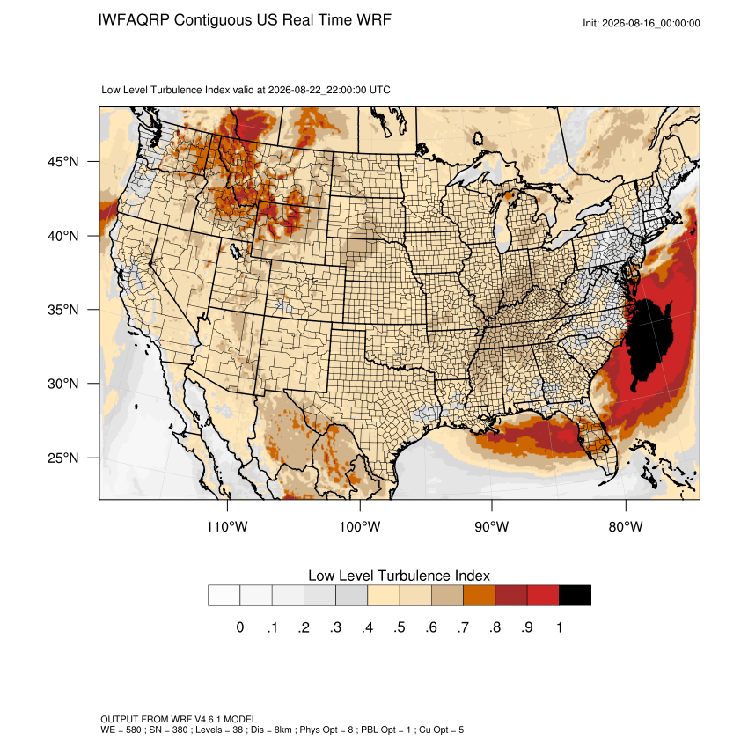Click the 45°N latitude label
63,162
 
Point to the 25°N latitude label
63,458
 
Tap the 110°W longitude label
227,526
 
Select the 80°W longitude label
626,526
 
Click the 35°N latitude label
63,310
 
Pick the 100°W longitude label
360,526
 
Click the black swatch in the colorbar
575,596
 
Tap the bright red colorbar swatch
543,596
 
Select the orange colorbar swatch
479,596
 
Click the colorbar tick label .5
400,627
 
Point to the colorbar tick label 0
240,627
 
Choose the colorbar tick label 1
559,627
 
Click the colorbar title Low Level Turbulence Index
399,576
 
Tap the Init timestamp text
642,23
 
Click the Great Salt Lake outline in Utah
236,251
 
